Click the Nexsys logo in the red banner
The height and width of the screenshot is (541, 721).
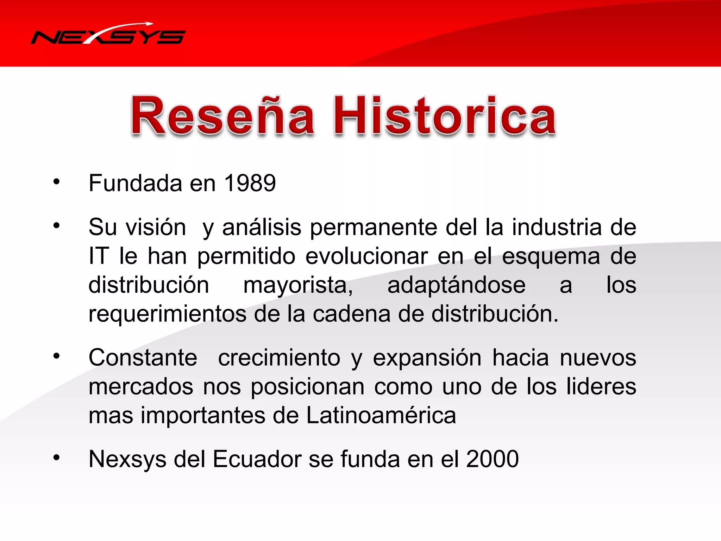[108, 35]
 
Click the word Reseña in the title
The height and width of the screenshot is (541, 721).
[222, 116]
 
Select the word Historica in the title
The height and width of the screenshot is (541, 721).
[445, 116]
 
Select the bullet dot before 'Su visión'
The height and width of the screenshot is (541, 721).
[56, 225]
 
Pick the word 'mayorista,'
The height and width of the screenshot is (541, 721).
[298, 285]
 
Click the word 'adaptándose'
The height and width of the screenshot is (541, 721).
[456, 285]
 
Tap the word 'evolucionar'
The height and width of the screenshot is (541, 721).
[366, 256]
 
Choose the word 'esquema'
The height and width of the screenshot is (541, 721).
[551, 257]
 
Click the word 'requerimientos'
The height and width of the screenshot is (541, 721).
[167, 314]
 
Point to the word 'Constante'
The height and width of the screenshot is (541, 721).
[143, 358]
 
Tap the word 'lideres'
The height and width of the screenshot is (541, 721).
[601, 387]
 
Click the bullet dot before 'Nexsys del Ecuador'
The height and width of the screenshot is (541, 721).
[56, 458]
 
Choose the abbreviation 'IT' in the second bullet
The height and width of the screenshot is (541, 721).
[98, 256]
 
